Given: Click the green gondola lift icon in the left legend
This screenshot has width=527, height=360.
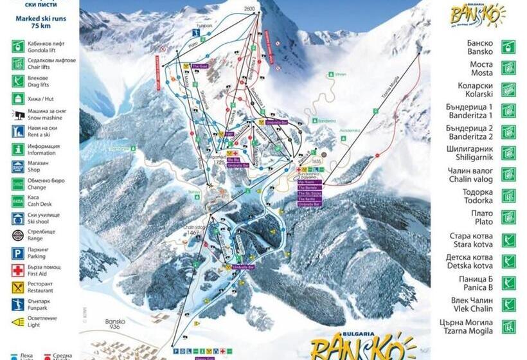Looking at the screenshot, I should [x=18, y=46].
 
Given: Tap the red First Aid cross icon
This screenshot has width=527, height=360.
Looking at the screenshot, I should [x=18, y=271].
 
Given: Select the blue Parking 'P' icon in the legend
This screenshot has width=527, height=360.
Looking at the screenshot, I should [x=18, y=253].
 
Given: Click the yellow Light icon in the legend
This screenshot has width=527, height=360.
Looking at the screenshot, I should [x=18, y=322].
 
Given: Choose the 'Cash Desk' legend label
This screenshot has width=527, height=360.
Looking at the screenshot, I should [x=44, y=204].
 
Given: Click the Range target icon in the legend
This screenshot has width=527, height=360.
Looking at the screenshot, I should [x=18, y=236].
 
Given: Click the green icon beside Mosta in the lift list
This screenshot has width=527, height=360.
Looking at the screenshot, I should [x=508, y=68].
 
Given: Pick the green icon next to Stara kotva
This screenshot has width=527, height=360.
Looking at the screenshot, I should [x=508, y=240].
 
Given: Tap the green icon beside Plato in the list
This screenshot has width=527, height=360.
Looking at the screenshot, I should [x=508, y=217].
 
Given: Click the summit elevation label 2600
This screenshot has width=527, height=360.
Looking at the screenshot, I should [x=251, y=8].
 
